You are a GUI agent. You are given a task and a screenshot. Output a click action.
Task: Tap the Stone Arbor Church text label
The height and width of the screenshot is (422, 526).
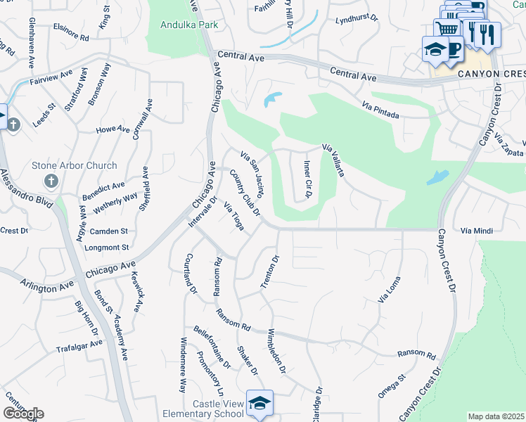tap(75, 166)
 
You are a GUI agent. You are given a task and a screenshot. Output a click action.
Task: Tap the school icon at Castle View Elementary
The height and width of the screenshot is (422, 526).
tap(259, 404)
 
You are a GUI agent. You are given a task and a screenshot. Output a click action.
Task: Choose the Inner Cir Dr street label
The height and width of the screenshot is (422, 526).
tap(307, 178)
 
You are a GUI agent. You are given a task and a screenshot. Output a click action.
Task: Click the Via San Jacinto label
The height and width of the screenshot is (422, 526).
tap(252, 173)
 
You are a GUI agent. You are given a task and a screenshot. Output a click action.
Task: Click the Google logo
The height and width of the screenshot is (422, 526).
tap(23, 413)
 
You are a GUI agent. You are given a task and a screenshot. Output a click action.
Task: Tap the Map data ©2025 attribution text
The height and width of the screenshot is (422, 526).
tap(496, 416)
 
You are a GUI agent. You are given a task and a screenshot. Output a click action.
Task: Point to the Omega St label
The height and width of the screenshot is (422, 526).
tap(392, 386)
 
